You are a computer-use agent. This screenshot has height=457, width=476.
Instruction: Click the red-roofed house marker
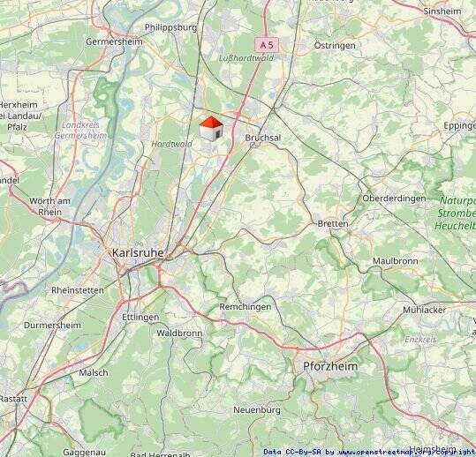tap(210, 129)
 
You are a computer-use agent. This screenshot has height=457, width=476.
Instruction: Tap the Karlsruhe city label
tap(137, 252)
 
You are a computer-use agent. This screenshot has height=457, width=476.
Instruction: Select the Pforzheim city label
tap(329, 365)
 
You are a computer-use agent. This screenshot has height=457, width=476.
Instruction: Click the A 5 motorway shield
tap(267, 42)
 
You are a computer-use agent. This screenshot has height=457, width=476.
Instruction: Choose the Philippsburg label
tap(170, 27)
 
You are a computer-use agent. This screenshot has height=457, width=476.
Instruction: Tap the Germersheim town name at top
tap(114, 41)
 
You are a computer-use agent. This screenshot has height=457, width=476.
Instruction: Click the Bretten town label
tap(333, 224)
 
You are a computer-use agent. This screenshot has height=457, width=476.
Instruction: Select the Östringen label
tap(335, 45)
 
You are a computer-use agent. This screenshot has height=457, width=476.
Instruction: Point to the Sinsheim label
tap(442, 11)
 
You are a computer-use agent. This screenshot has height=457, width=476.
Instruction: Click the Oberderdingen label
tap(394, 199)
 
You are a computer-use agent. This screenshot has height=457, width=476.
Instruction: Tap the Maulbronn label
tap(395, 261)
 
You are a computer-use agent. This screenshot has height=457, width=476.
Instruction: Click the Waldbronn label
tap(179, 333)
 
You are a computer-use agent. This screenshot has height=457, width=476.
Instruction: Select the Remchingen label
tap(246, 307)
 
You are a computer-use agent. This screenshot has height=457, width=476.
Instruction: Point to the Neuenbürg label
tap(257, 410)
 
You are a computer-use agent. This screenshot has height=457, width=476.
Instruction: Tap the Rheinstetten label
tap(78, 289)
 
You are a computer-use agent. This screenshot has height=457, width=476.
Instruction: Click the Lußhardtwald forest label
tap(246, 57)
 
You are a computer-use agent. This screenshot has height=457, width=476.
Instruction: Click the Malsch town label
tap(94, 372)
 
